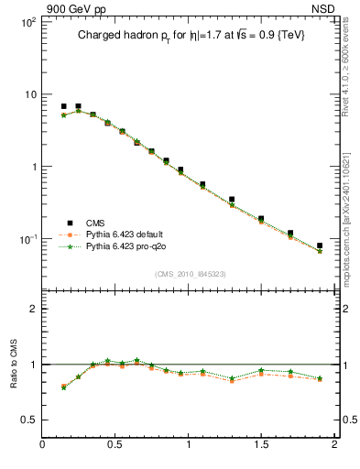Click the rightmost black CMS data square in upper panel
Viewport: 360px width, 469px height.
(x=320, y=245)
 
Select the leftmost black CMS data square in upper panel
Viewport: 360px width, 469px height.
(x=63, y=106)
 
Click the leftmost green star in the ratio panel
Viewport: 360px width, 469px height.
(x=63, y=387)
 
